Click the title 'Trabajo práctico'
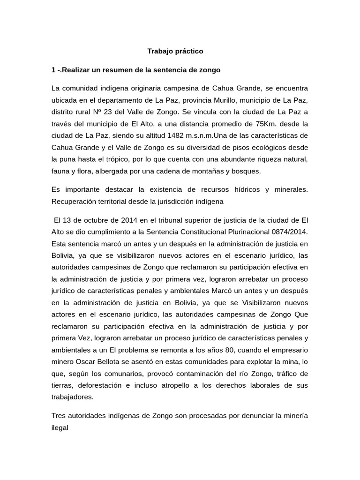coord(175,51)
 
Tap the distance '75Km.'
coord(241,124)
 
